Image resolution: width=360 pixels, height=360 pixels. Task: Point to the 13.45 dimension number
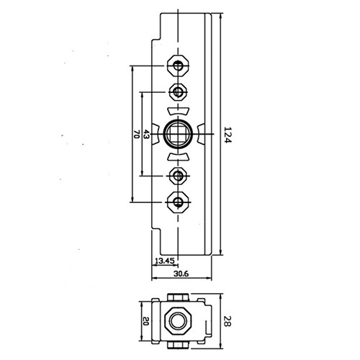pos(164,261)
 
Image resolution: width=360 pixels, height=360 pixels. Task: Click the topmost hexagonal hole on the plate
pos(177,66)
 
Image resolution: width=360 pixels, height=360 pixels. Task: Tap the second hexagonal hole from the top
pos(177,91)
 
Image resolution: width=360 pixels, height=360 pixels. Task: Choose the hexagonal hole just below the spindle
pos(177,175)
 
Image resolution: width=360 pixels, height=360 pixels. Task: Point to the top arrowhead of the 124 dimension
pos(220,15)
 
